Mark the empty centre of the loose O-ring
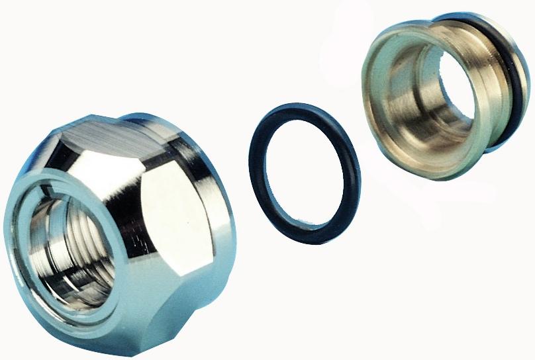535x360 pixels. (304, 175)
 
